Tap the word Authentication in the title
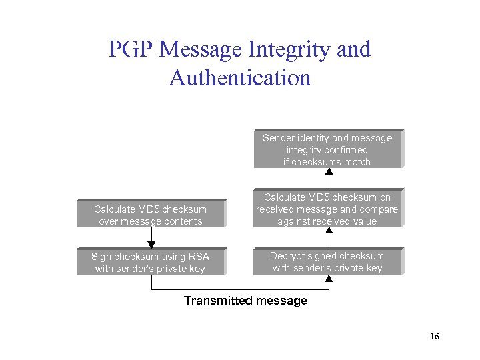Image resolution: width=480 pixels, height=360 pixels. (240, 78)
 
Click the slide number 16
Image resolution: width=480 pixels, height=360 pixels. (434, 337)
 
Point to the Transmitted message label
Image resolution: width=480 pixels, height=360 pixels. (245, 301)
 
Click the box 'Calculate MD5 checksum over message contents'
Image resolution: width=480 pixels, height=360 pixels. (151, 215)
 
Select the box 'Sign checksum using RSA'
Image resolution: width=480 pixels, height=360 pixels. (151, 262)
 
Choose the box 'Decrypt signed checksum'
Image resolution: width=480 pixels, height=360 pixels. (327, 262)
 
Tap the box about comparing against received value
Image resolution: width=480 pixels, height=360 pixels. (327, 209)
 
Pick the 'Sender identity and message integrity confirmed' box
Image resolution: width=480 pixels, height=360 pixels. (327, 149)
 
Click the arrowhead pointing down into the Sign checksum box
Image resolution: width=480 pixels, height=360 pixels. (151, 243)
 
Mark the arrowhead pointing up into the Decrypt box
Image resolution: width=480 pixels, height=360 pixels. (328, 279)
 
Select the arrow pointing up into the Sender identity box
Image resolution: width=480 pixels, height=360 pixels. (328, 178)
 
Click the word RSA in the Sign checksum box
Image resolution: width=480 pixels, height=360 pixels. (198, 257)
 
